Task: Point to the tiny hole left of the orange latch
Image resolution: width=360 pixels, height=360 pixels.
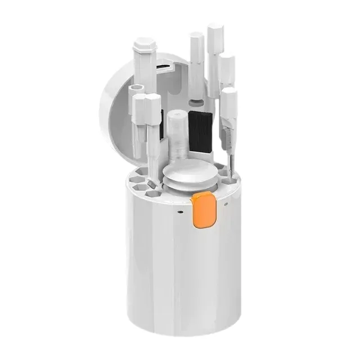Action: click(x=179, y=213)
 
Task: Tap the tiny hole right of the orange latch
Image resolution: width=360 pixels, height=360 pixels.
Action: click(x=226, y=206)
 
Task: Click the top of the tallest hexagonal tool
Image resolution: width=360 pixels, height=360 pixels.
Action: click(x=214, y=29)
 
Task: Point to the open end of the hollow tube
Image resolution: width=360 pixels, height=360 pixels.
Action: click(x=136, y=88)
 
